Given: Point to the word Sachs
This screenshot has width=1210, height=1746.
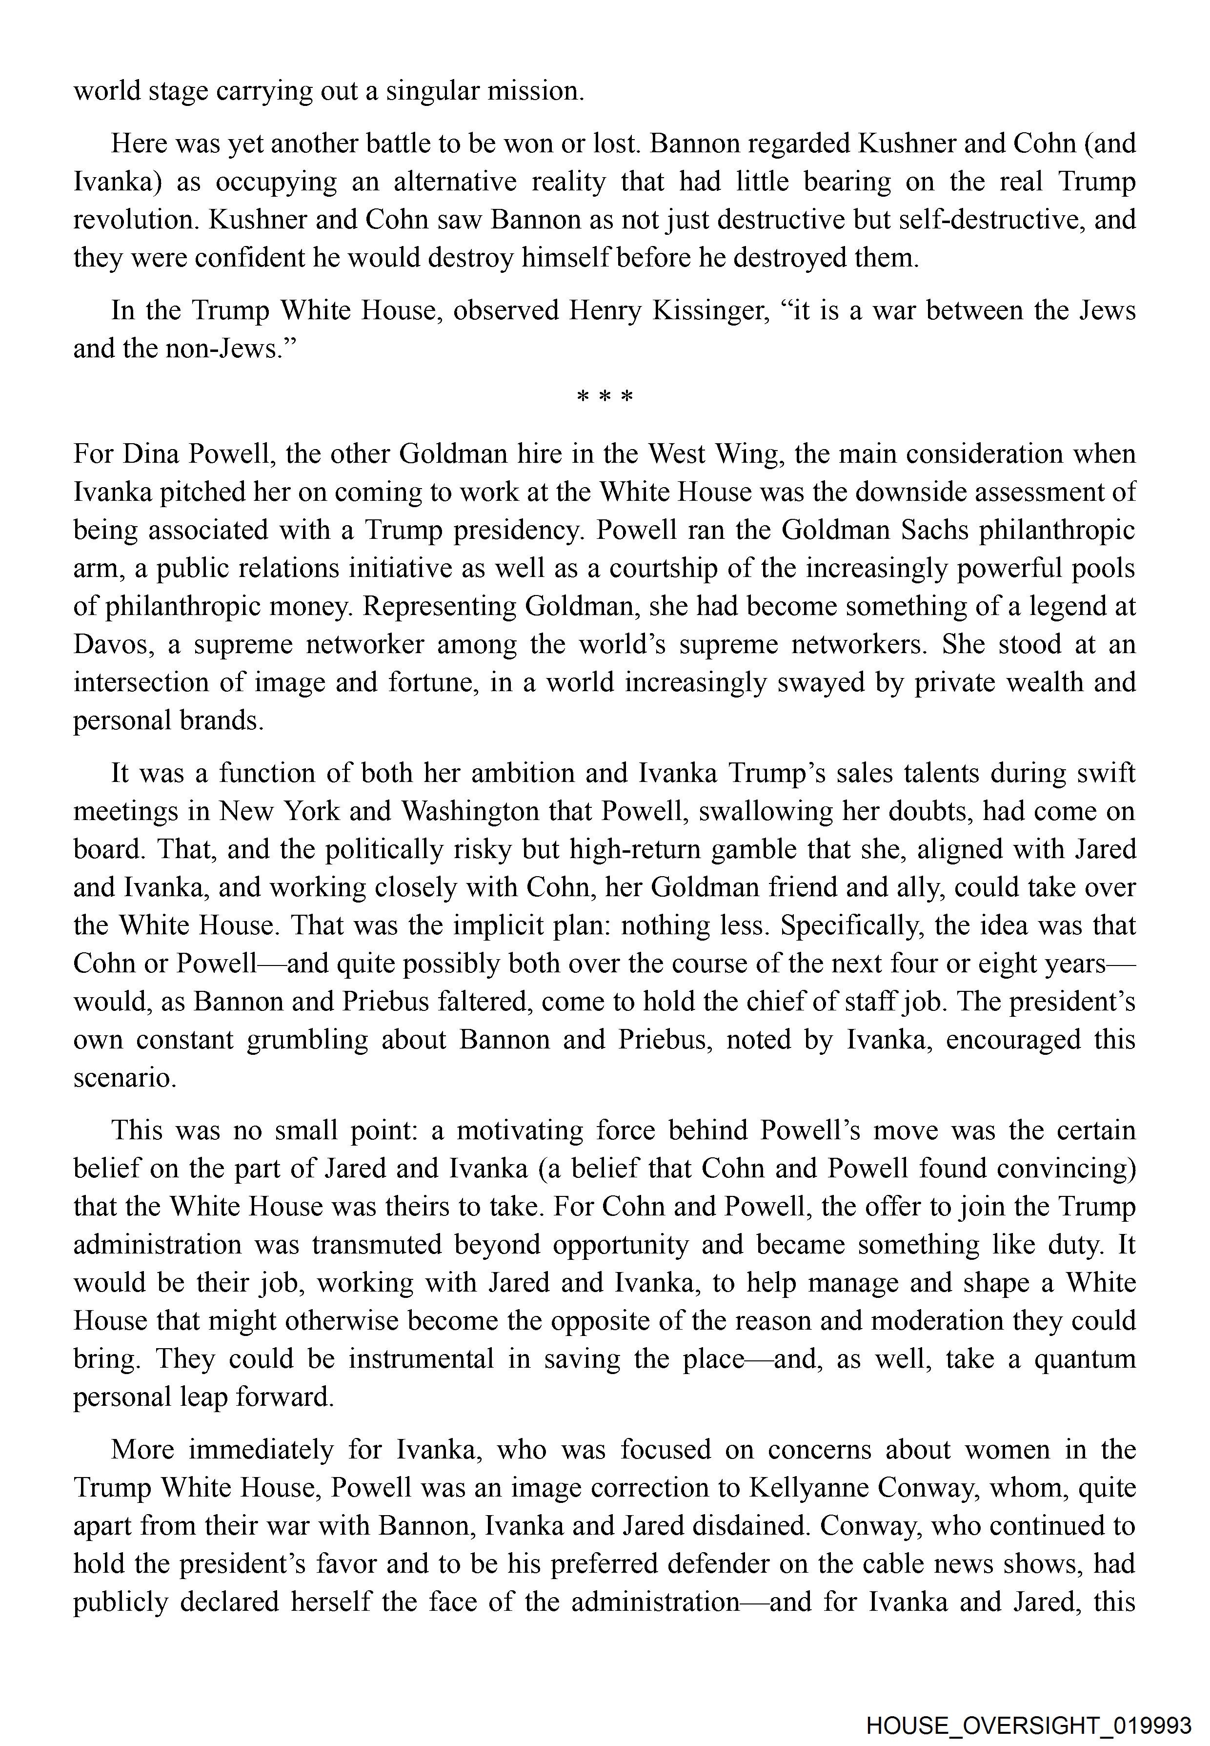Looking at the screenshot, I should point(934,530).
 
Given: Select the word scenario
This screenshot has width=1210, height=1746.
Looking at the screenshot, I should point(124,1078).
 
